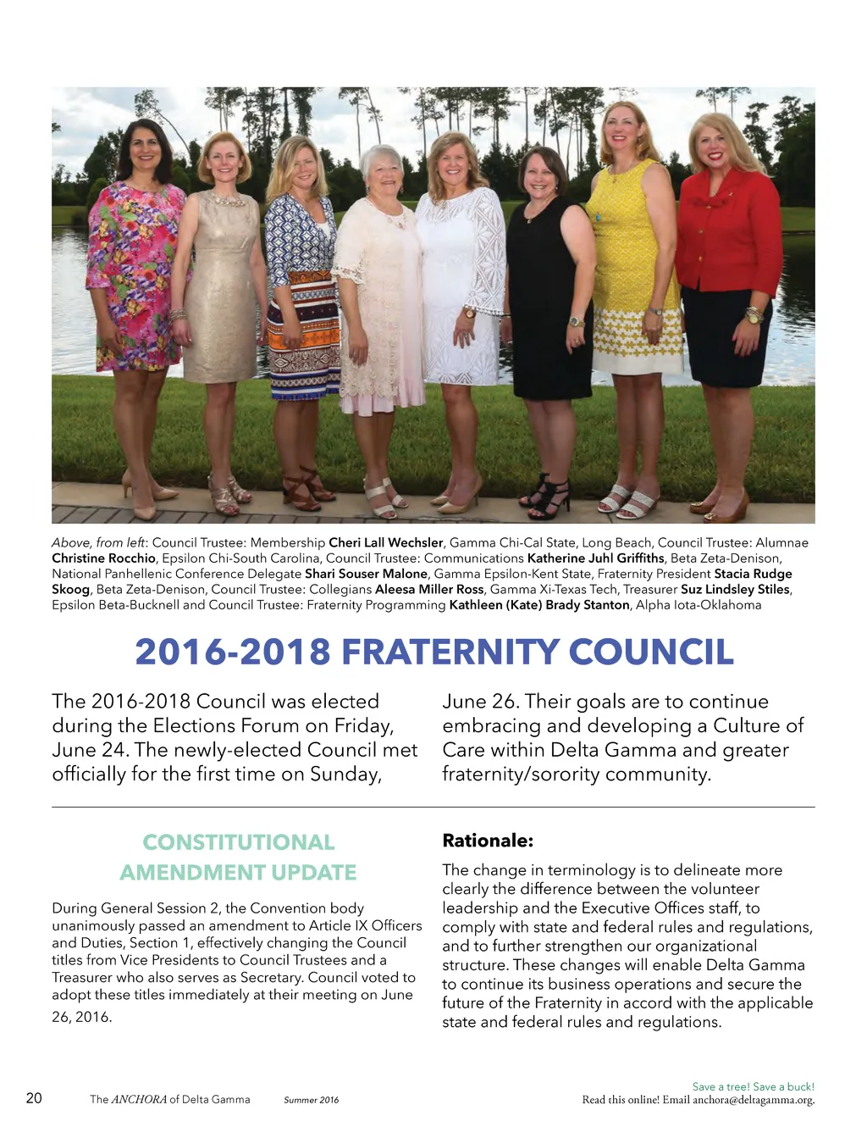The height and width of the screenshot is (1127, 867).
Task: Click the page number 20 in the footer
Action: (34, 1098)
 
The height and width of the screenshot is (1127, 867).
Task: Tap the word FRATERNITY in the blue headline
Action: (450, 652)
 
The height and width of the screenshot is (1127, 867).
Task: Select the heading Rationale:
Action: (488, 841)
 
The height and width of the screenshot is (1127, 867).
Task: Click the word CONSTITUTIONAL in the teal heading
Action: (239, 842)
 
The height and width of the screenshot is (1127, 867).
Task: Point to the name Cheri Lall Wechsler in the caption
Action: (386, 542)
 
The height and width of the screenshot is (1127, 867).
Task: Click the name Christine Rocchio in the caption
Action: (104, 558)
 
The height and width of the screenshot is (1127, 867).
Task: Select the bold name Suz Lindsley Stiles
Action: (735, 589)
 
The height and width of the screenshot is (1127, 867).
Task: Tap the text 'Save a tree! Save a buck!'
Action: (753, 1086)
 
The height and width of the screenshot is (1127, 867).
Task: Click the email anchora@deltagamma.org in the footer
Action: (753, 1100)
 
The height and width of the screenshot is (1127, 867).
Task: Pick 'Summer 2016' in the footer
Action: (311, 1100)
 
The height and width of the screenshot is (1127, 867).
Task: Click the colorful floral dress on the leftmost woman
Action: (135, 271)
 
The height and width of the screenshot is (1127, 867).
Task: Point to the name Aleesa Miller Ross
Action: (430, 589)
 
